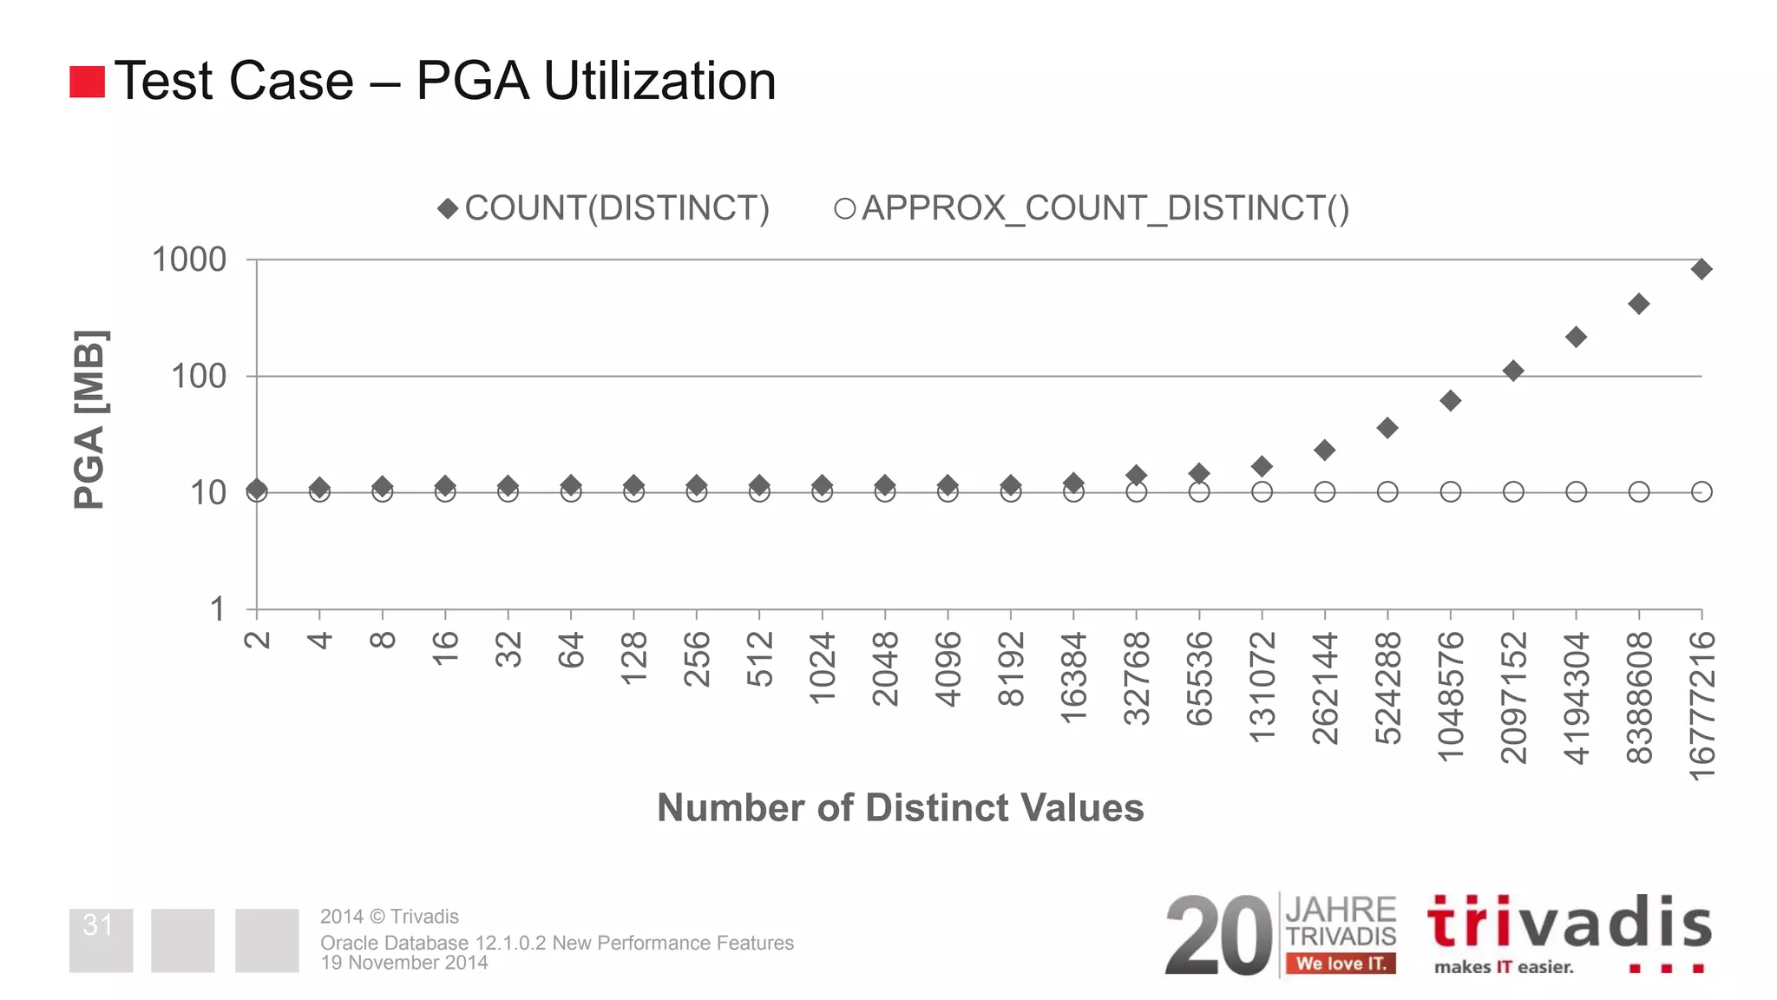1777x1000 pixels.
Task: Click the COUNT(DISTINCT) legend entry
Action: [605, 208]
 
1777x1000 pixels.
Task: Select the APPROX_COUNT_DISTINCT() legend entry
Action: [1092, 208]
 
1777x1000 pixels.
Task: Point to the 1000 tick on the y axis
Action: [189, 260]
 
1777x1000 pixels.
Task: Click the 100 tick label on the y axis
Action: [199, 376]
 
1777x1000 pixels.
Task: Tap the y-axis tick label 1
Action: [217, 609]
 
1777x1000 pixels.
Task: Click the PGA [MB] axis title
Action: [89, 419]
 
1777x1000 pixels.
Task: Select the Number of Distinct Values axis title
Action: [900, 807]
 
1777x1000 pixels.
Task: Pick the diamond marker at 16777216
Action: [1702, 269]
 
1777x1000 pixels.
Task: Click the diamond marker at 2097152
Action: [1513, 371]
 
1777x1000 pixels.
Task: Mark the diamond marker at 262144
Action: [1324, 450]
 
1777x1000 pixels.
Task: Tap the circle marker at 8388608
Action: [1639, 492]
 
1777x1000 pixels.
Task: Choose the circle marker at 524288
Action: [1387, 492]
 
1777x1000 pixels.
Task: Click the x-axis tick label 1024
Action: [823, 668]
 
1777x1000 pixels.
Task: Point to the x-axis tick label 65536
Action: [1199, 678]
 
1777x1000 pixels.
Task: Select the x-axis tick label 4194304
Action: [1576, 698]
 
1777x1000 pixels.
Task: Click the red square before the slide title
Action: [87, 82]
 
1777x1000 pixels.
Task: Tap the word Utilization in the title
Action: [659, 81]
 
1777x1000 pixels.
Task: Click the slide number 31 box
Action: [101, 940]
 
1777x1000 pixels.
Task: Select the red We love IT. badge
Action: [1341, 963]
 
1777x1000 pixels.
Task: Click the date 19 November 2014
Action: [404, 963]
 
